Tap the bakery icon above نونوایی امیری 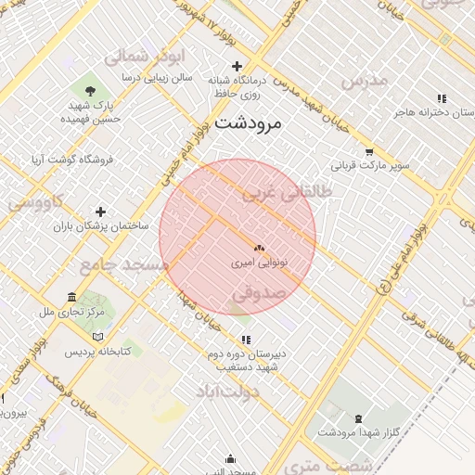pos(259,249)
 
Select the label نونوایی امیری pos(259,263)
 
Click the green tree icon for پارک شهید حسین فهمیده pos(90,90)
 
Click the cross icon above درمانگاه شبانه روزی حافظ pos(237,66)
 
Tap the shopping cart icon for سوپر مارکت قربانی pos(369,152)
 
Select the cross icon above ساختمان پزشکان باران pos(101,212)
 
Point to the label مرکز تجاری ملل pos(72,312)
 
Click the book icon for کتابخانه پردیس pos(99,337)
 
